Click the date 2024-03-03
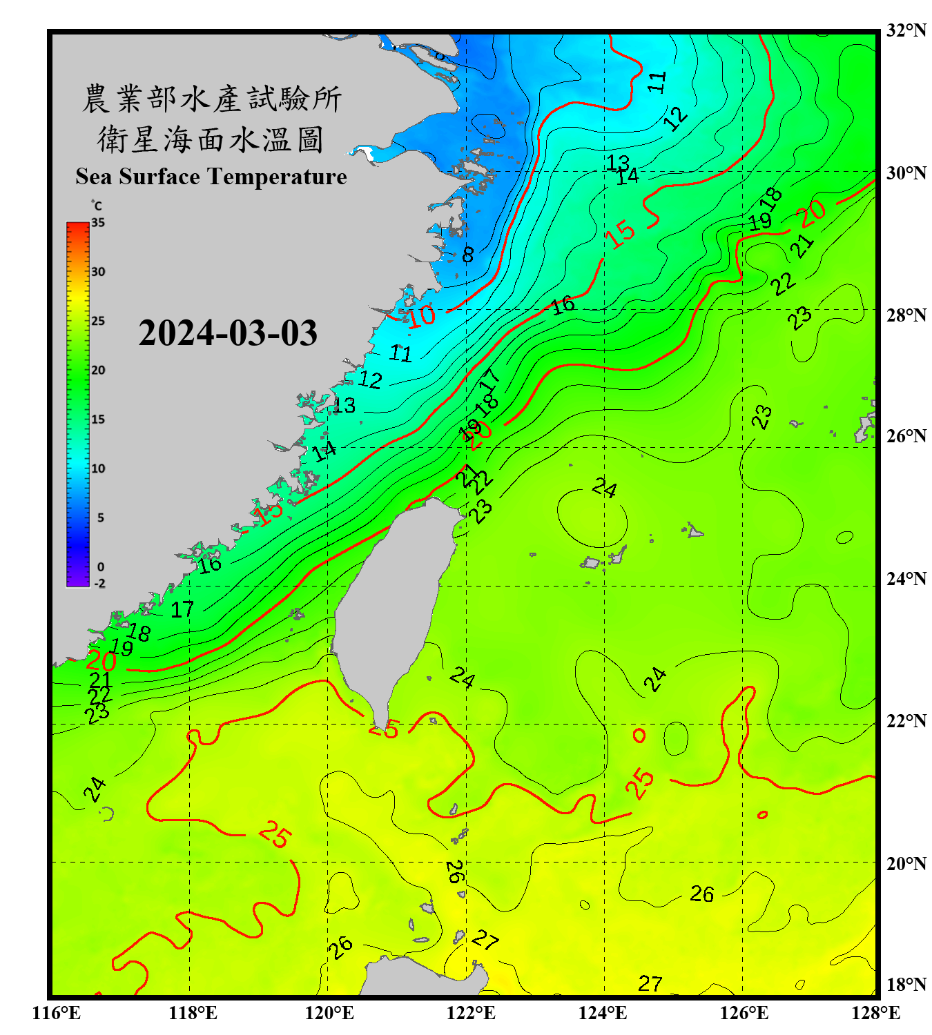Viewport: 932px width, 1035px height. click(x=228, y=333)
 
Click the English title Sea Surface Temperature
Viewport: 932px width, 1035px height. click(x=211, y=177)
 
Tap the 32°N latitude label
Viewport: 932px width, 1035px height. click(x=906, y=30)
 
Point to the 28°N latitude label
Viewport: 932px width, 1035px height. click(x=906, y=315)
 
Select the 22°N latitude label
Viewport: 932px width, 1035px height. click(x=906, y=721)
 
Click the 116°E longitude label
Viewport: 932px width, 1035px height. click(x=57, y=1013)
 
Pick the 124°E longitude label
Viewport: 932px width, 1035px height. click(x=603, y=1013)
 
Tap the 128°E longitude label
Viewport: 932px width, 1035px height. click(x=875, y=1013)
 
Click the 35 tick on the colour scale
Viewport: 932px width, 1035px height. click(x=98, y=223)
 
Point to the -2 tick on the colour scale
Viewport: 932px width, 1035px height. click(x=100, y=584)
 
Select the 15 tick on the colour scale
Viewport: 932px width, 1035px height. click(x=98, y=420)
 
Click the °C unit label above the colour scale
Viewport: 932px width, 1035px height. click(x=97, y=206)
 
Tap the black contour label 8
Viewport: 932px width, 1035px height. click(x=468, y=255)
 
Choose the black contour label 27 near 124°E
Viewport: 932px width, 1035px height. click(x=650, y=983)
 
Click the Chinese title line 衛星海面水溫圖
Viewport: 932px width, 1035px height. click(x=211, y=140)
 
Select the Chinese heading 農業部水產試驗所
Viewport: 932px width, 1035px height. click(x=211, y=99)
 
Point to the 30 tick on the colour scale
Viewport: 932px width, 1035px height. click(x=98, y=272)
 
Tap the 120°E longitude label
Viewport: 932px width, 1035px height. click(x=329, y=1013)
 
